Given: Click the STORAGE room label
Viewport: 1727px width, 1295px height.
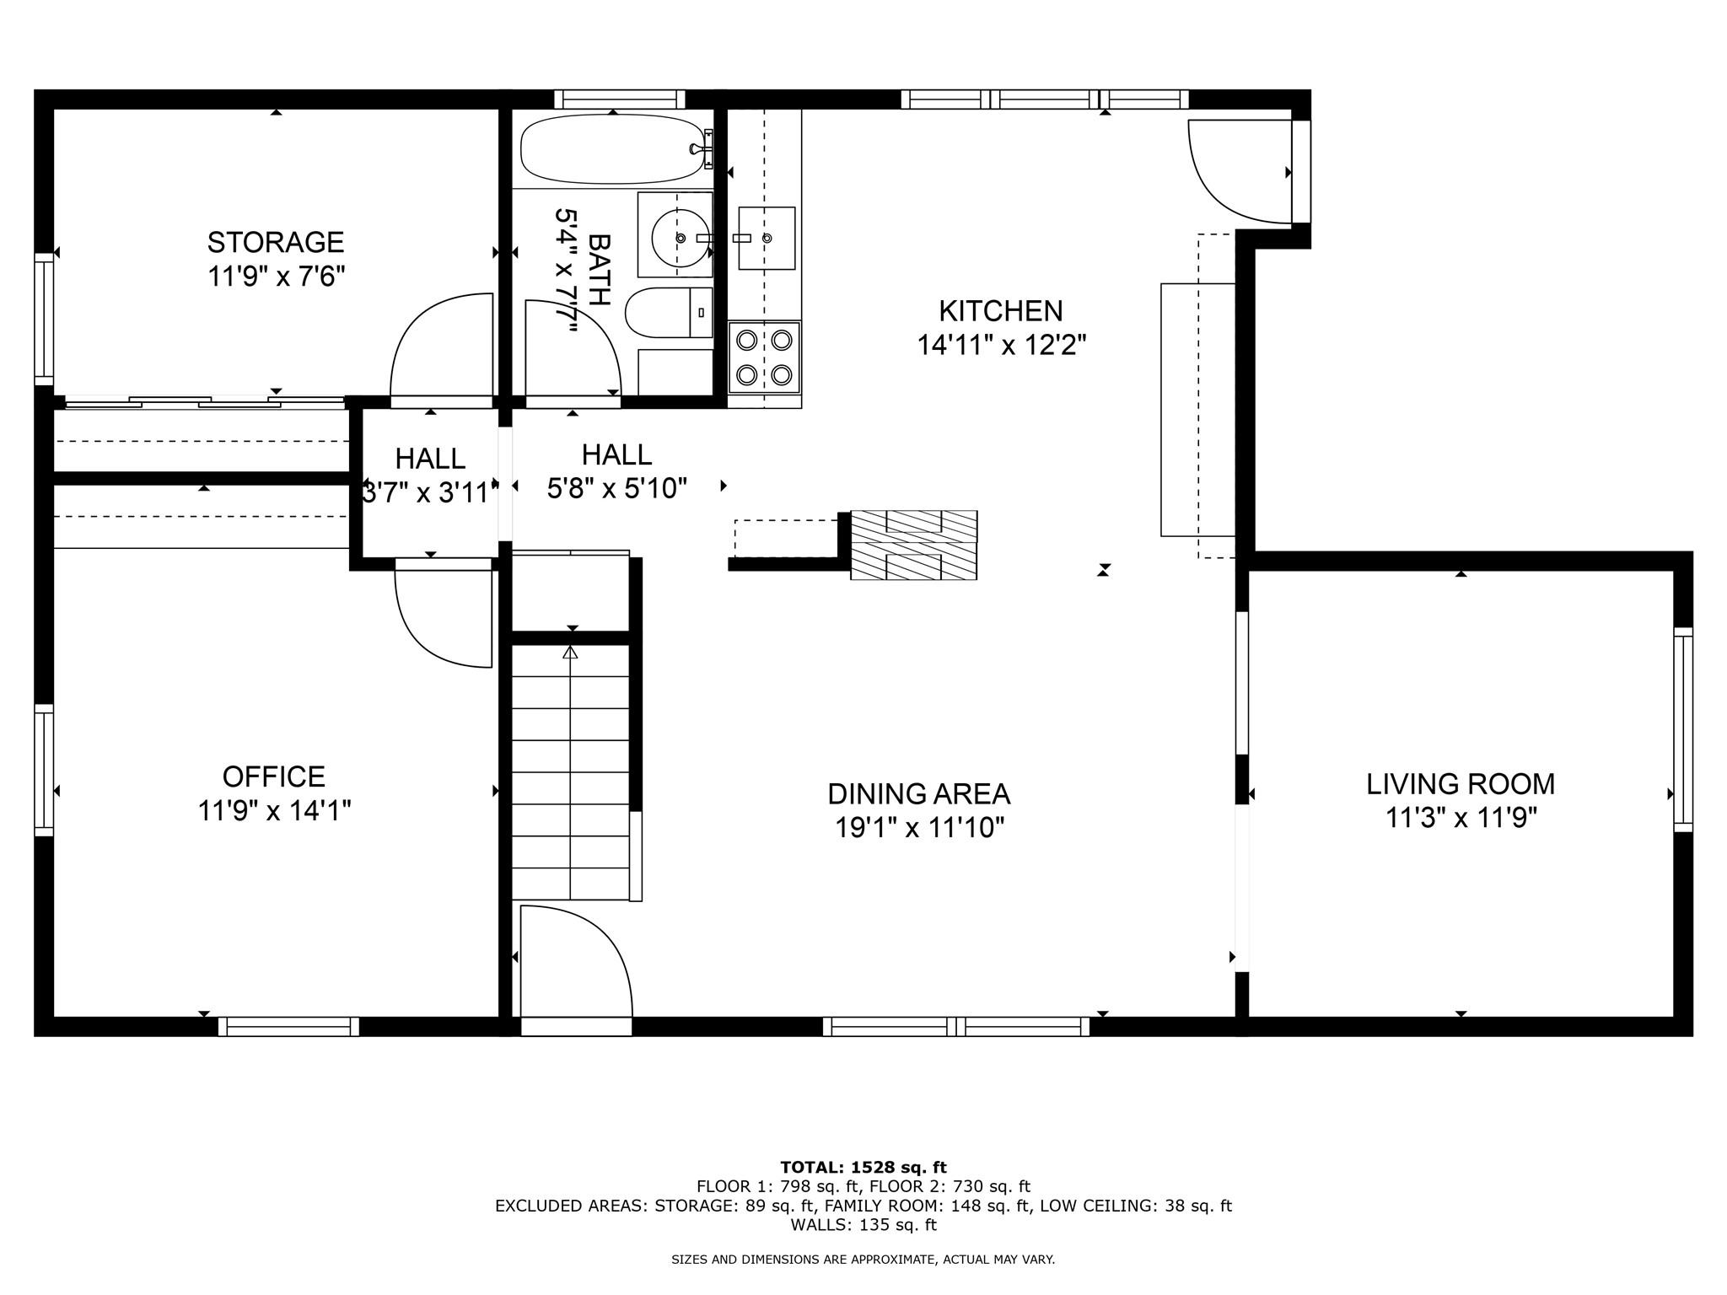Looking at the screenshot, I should (x=276, y=243).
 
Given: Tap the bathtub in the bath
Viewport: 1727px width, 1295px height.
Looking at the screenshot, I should (x=611, y=150).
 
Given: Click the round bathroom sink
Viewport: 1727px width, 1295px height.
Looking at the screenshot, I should (x=679, y=237).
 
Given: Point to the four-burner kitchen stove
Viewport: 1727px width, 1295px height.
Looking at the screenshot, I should (x=764, y=357).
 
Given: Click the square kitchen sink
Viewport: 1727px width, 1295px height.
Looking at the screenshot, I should (x=766, y=238).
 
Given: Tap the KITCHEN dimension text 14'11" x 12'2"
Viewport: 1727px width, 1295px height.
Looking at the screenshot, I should (x=1001, y=346).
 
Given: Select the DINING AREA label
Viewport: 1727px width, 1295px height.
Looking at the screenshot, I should (x=918, y=794).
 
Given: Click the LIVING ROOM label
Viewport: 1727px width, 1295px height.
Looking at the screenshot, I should (x=1461, y=784).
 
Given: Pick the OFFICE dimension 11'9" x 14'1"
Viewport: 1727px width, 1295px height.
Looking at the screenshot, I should (x=274, y=811).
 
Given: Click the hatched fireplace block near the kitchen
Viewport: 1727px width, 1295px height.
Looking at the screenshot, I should (x=913, y=545).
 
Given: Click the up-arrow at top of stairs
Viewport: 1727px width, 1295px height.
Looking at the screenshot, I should (x=571, y=653).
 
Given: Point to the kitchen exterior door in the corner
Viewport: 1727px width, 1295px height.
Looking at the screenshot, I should (x=1240, y=173).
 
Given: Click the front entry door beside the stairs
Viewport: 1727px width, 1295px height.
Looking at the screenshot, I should (x=576, y=961).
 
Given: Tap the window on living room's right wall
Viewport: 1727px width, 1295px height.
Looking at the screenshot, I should (x=1682, y=729).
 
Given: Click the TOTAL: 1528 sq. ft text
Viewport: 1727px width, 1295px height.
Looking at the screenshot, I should (x=863, y=1168).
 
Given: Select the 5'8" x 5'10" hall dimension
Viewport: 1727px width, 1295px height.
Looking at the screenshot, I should (x=616, y=489).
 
